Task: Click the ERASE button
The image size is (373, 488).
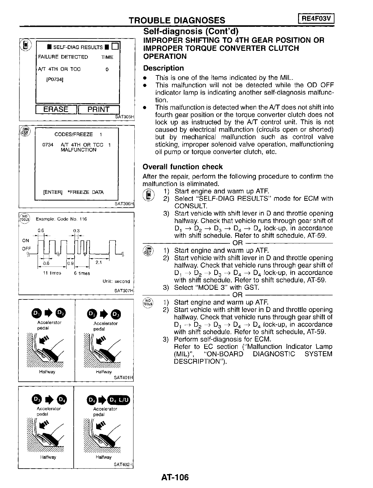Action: pyautogui.click(x=56, y=109)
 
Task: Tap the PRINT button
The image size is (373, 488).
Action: pyautogui.click(x=99, y=109)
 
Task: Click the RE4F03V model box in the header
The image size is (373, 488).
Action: pyautogui.click(x=316, y=19)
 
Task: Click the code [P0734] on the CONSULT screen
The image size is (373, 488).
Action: pyautogui.click(x=55, y=79)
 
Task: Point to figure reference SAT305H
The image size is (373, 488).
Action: pyautogui.click(x=124, y=117)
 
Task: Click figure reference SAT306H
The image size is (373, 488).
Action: pyautogui.click(x=124, y=204)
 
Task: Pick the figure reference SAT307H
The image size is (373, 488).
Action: pyautogui.click(x=124, y=290)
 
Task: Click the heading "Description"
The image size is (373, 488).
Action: pyautogui.click(x=163, y=68)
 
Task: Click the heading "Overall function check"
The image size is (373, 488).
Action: pyautogui.click(x=182, y=167)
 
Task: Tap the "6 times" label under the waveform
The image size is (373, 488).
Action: pyautogui.click(x=82, y=273)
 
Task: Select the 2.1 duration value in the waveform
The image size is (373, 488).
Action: pyautogui.click(x=99, y=263)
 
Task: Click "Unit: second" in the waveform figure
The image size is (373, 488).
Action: pyautogui.click(x=116, y=281)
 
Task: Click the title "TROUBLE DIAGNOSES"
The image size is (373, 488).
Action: pyautogui.click(x=177, y=20)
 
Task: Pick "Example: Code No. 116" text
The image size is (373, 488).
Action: pyautogui.click(x=61, y=219)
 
